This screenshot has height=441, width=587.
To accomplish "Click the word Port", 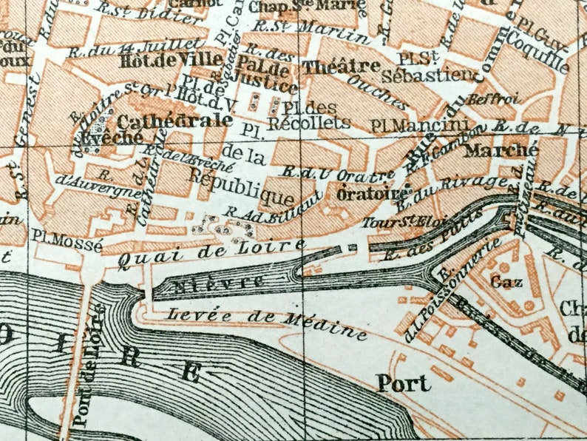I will tap(403, 383).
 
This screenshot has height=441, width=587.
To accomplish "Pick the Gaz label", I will tap(503, 282).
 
